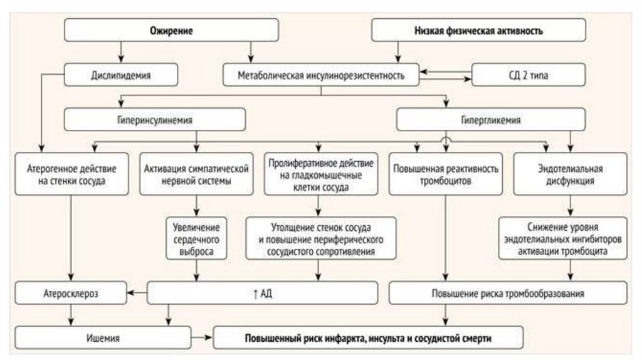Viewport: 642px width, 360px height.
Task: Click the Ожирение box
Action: coord(171,30)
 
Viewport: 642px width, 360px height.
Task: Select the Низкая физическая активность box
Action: coord(478,30)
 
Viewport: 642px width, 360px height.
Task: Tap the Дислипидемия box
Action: coord(120,76)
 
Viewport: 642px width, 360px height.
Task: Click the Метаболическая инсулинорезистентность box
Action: coord(322,76)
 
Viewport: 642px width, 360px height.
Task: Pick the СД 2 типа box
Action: coord(529,76)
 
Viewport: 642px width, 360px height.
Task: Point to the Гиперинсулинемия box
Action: coord(154,119)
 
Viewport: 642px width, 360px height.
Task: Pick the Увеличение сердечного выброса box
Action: coord(197,238)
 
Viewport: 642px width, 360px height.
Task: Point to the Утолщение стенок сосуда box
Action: coord(320,238)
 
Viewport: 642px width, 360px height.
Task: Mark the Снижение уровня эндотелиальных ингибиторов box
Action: coord(562,238)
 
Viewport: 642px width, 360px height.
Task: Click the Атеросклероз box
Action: coord(71,292)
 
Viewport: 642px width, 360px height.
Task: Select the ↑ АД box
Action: coord(263,292)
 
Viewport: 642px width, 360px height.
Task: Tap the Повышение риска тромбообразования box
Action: coord(508,293)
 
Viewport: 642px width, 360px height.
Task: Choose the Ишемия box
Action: coord(103,338)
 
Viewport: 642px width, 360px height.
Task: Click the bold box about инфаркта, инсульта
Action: coord(368,338)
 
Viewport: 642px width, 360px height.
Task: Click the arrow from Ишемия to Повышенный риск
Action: coord(202,338)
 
